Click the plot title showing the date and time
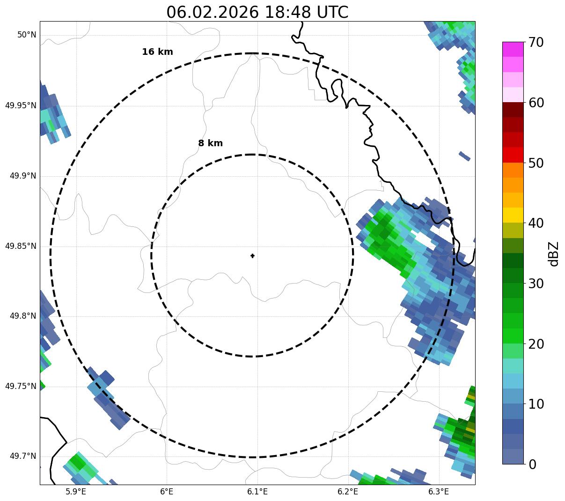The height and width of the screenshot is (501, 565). point(257,12)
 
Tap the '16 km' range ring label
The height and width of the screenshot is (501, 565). point(157,52)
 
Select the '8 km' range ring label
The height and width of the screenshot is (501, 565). point(210,143)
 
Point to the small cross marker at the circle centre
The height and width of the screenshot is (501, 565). point(252,256)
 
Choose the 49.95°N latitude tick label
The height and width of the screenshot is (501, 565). point(21,105)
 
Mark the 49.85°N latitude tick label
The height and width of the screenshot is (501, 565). point(21,246)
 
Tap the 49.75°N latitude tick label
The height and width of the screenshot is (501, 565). point(21,386)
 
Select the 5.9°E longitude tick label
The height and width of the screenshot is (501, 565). point(76,492)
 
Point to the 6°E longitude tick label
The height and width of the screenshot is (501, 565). point(167,492)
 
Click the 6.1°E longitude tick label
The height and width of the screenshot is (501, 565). point(257,492)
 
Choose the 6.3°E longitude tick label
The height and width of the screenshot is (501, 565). point(439,492)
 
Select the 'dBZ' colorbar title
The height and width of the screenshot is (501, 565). point(554,254)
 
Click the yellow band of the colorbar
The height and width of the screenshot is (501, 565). point(513,215)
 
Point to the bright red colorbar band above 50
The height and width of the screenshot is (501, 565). point(513,155)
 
